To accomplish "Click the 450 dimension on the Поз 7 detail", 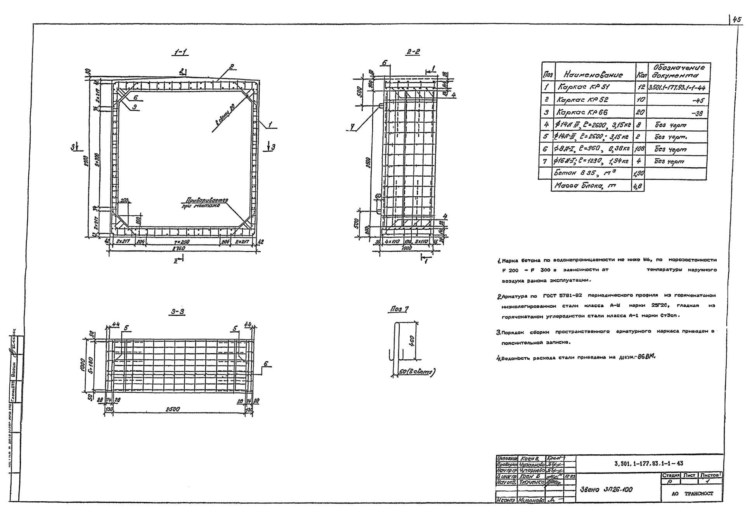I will click(412, 341).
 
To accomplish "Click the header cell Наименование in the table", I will click(593, 74).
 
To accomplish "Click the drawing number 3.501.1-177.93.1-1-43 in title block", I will click(649, 463).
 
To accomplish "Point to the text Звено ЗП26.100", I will click(606, 489).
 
